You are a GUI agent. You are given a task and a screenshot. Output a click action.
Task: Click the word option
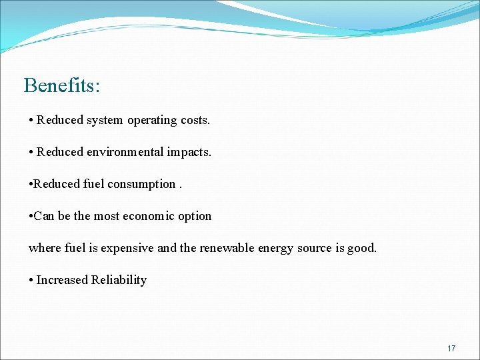[195, 217]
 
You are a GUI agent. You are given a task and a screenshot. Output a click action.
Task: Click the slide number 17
[451, 349]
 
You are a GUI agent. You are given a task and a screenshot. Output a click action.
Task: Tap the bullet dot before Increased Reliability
[31, 281]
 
